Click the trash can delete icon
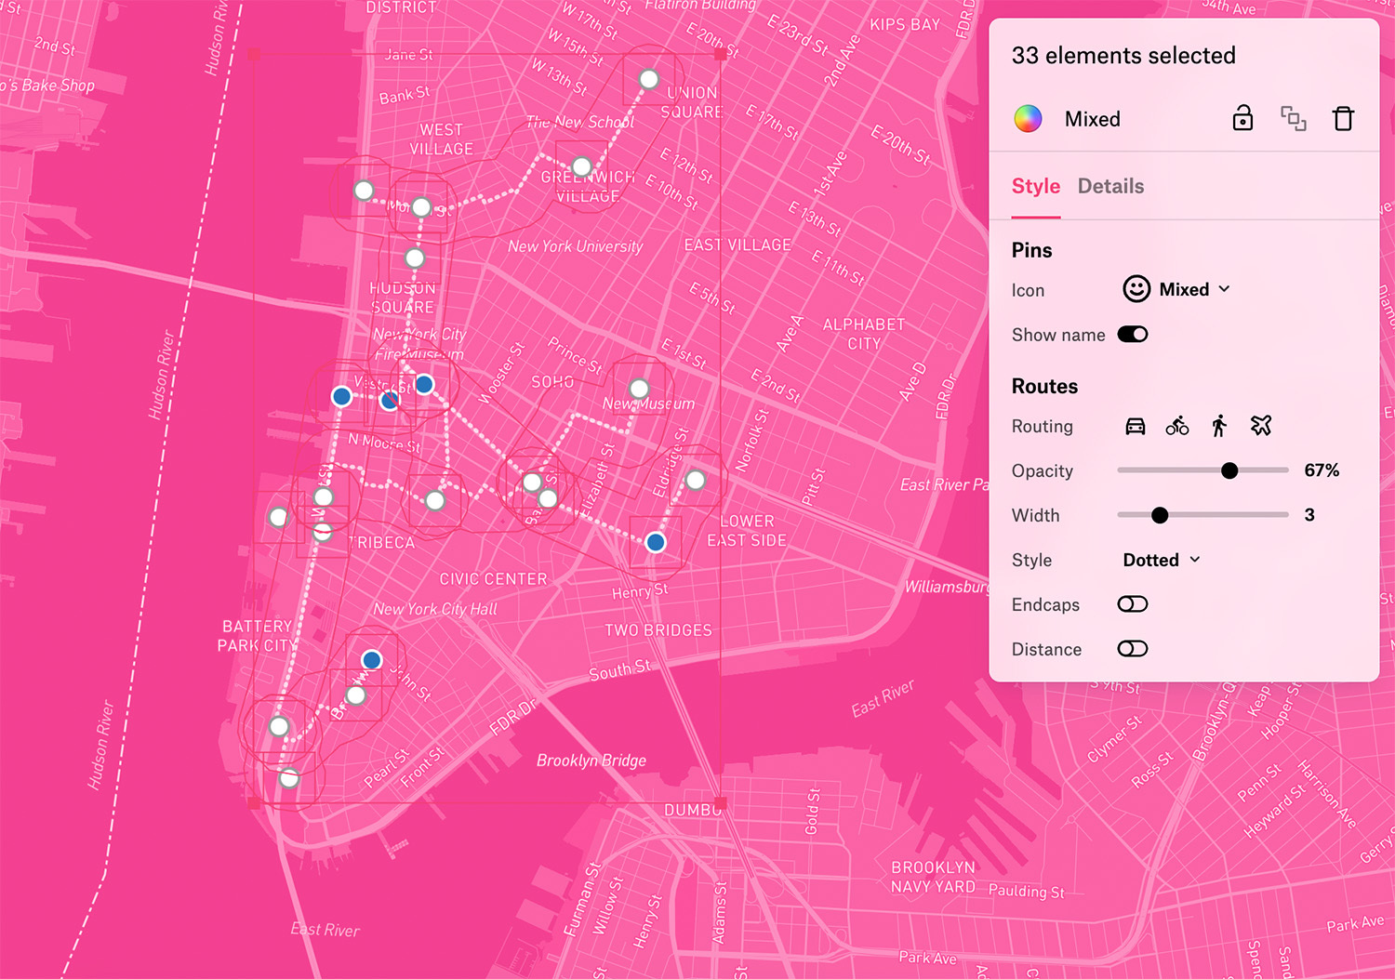pos(1343,119)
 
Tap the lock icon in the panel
pos(1242,119)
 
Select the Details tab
pos(1110,186)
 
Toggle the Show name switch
pos(1132,335)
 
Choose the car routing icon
pos(1135,426)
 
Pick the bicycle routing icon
pos(1176,426)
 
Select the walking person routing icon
pos(1219,426)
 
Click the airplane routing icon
pos(1261,426)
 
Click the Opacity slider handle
pos(1229,470)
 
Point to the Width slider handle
pos(1160,515)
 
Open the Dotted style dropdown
pos(1162,560)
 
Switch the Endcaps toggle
pos(1132,604)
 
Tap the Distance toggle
pos(1132,649)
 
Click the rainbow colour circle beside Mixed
pos(1028,119)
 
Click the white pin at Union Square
pos(649,79)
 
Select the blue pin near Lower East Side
pos(656,542)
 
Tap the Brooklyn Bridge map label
pos(591,761)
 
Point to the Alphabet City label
pos(863,334)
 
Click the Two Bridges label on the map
pos(658,630)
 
